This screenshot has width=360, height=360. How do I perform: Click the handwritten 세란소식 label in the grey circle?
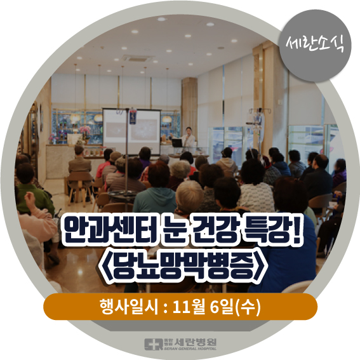coord(315,45)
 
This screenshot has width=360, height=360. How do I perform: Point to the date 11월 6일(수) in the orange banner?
coord(217,307)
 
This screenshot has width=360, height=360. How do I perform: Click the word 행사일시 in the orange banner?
coord(128,307)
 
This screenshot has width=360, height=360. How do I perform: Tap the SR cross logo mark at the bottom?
coord(154,344)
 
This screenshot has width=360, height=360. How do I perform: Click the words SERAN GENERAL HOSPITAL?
coord(190,349)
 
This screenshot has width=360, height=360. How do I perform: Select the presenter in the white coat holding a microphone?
coord(189,138)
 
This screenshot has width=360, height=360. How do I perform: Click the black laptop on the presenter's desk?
coord(177,143)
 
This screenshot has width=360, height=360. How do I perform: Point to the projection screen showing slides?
coord(131,131)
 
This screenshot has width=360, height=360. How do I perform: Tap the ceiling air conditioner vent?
coord(137,58)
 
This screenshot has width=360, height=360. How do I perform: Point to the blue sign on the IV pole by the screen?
coord(133,117)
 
